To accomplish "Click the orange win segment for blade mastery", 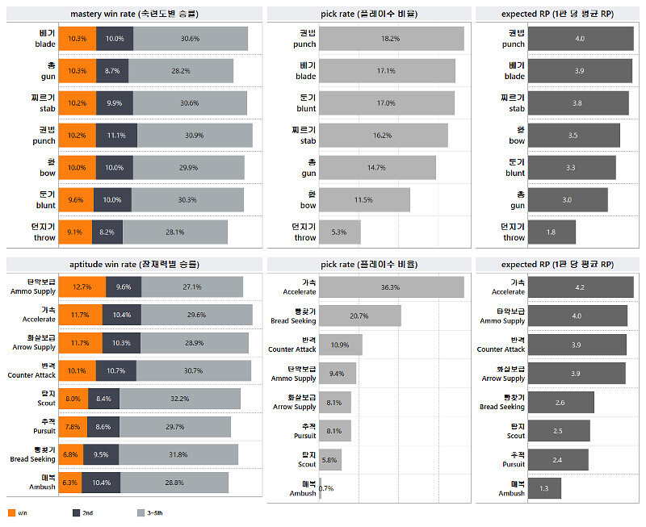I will tap(78, 39).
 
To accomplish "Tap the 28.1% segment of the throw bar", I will tap(175, 232).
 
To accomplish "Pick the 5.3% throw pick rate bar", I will tap(340, 232).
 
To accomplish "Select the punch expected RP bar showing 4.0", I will tap(580, 39).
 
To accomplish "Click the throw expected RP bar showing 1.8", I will tap(551, 232).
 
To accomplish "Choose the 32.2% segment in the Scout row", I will tap(179, 399).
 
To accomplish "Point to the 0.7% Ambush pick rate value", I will tap(326, 488).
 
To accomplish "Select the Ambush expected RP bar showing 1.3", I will tap(543, 488).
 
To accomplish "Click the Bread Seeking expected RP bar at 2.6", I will tap(560, 402).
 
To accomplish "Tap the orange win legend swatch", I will tap(11, 512).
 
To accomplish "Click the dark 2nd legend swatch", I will tap(77, 512).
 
